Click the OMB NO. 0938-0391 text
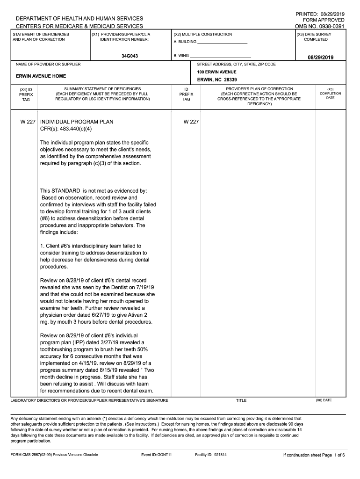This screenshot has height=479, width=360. click(x=319, y=27)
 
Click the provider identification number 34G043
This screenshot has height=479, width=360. click(x=129, y=56)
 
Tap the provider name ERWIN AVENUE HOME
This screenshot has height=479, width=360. click(x=41, y=76)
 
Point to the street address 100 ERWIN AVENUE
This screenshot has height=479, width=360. click(x=216, y=72)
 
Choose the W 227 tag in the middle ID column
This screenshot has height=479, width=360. click(x=191, y=122)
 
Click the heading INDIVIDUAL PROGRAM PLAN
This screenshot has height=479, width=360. click(x=77, y=122)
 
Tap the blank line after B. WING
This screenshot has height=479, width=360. click(x=220, y=57)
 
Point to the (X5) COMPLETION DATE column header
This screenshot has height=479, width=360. click(x=330, y=93)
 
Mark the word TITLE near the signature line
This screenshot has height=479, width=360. click(x=241, y=400)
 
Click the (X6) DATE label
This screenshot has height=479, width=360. click(x=324, y=400)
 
